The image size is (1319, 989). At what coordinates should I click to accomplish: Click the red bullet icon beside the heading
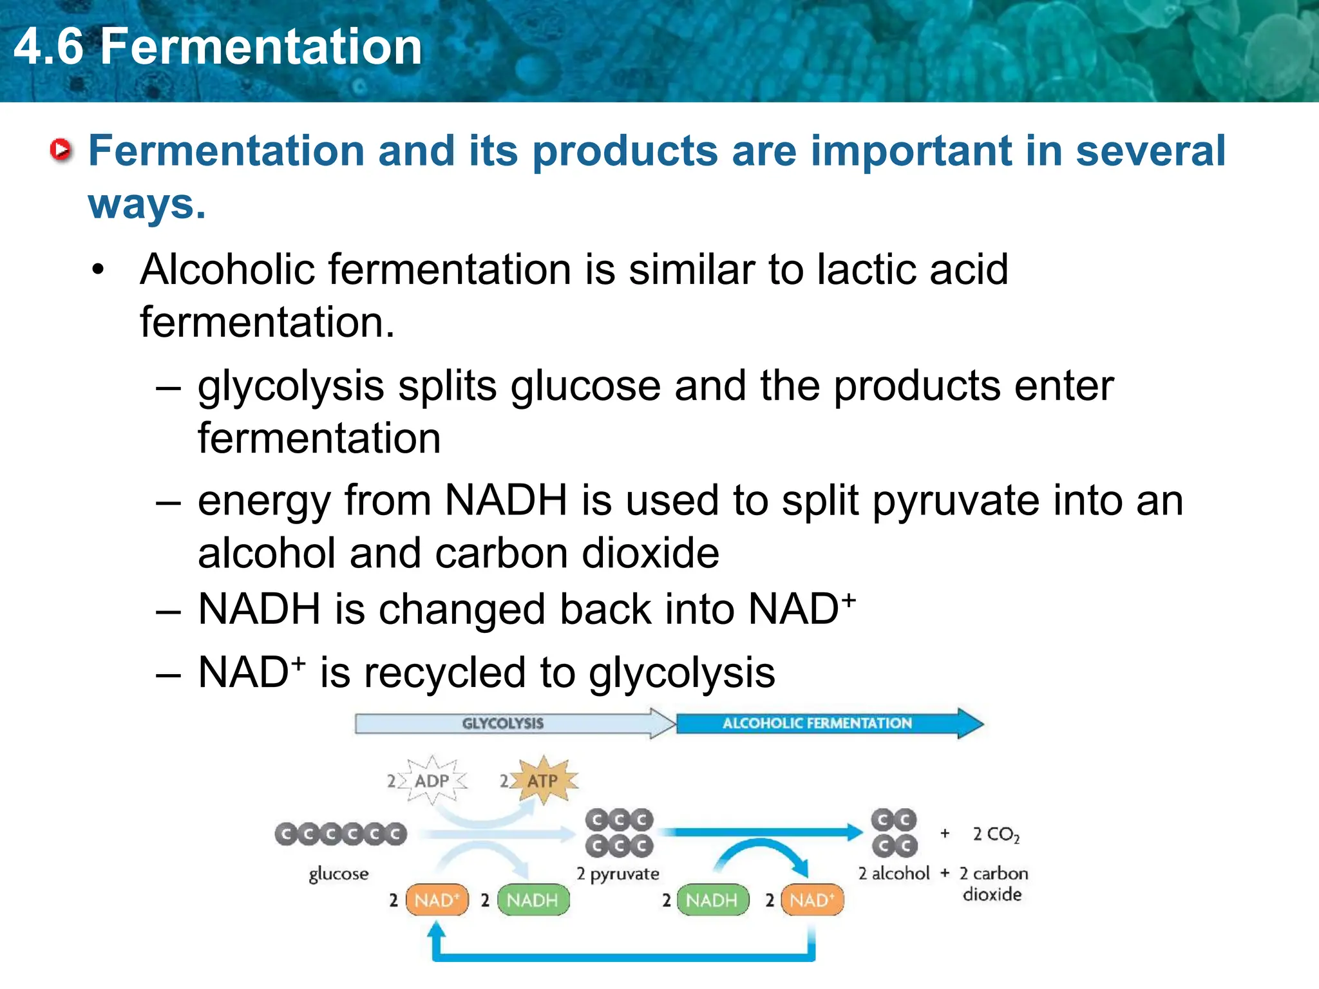click(x=61, y=150)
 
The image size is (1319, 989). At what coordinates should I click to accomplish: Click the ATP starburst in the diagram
click(x=543, y=780)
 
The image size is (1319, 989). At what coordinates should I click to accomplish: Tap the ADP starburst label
click(x=432, y=780)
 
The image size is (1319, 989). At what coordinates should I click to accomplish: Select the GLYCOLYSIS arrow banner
click(x=503, y=723)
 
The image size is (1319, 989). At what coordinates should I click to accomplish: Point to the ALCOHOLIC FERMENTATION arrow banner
click(x=817, y=723)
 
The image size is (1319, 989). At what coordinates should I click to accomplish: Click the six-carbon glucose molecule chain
click(x=341, y=834)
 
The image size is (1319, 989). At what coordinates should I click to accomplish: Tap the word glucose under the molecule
click(x=339, y=874)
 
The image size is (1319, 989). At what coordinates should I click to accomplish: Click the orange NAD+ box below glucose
click(x=437, y=900)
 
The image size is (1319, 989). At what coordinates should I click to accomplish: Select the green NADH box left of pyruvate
click(x=533, y=900)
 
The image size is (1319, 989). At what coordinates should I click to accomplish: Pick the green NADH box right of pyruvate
click(x=712, y=900)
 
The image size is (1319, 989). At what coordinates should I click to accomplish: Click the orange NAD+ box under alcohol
click(x=811, y=900)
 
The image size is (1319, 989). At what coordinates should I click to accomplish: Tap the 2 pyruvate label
click(x=618, y=874)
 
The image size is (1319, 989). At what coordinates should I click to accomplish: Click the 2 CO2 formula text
click(x=996, y=834)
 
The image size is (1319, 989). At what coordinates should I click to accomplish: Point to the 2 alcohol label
click(x=894, y=873)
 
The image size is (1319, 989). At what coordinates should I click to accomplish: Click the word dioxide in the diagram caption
click(x=992, y=894)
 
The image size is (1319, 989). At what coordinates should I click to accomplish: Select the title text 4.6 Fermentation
click(x=218, y=47)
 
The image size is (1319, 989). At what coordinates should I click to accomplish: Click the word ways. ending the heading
click(x=147, y=205)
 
